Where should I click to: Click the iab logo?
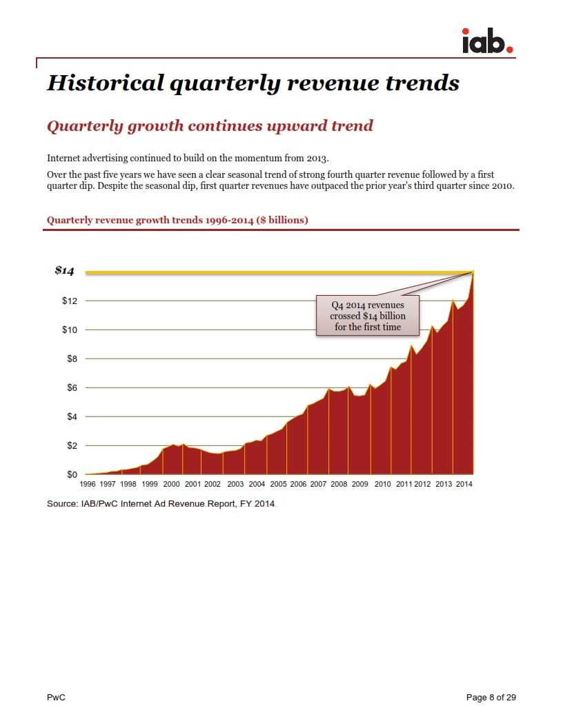point(487,41)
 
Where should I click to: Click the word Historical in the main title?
point(105,83)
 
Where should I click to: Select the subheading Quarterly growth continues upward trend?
point(209,126)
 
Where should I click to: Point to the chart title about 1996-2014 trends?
point(177,220)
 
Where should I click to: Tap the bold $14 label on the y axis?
point(64,271)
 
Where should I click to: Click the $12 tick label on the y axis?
point(69,301)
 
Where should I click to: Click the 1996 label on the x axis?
point(88,485)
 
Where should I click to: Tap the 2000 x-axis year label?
point(171,485)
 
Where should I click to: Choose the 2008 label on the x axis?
point(339,485)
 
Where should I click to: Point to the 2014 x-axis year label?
point(464,485)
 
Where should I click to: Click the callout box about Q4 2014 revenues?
point(368,316)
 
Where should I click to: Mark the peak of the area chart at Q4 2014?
point(473,273)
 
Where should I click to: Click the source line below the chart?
point(161,504)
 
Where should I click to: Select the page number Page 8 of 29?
point(491,698)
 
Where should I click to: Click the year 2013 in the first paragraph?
point(316,158)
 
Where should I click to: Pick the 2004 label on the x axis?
point(257,485)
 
